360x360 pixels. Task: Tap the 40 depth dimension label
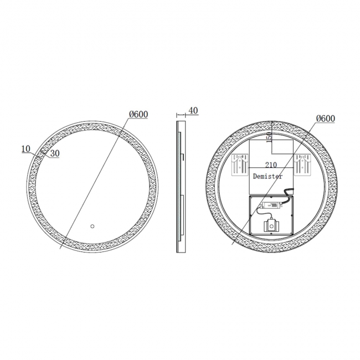click(193, 111)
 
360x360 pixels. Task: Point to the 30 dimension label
click(54, 154)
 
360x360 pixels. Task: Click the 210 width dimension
click(271, 164)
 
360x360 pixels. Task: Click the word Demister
click(268, 176)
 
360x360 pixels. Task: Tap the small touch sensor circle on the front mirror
click(92, 226)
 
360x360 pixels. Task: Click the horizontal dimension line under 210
click(271, 168)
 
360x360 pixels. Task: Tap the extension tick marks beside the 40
click(181, 115)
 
